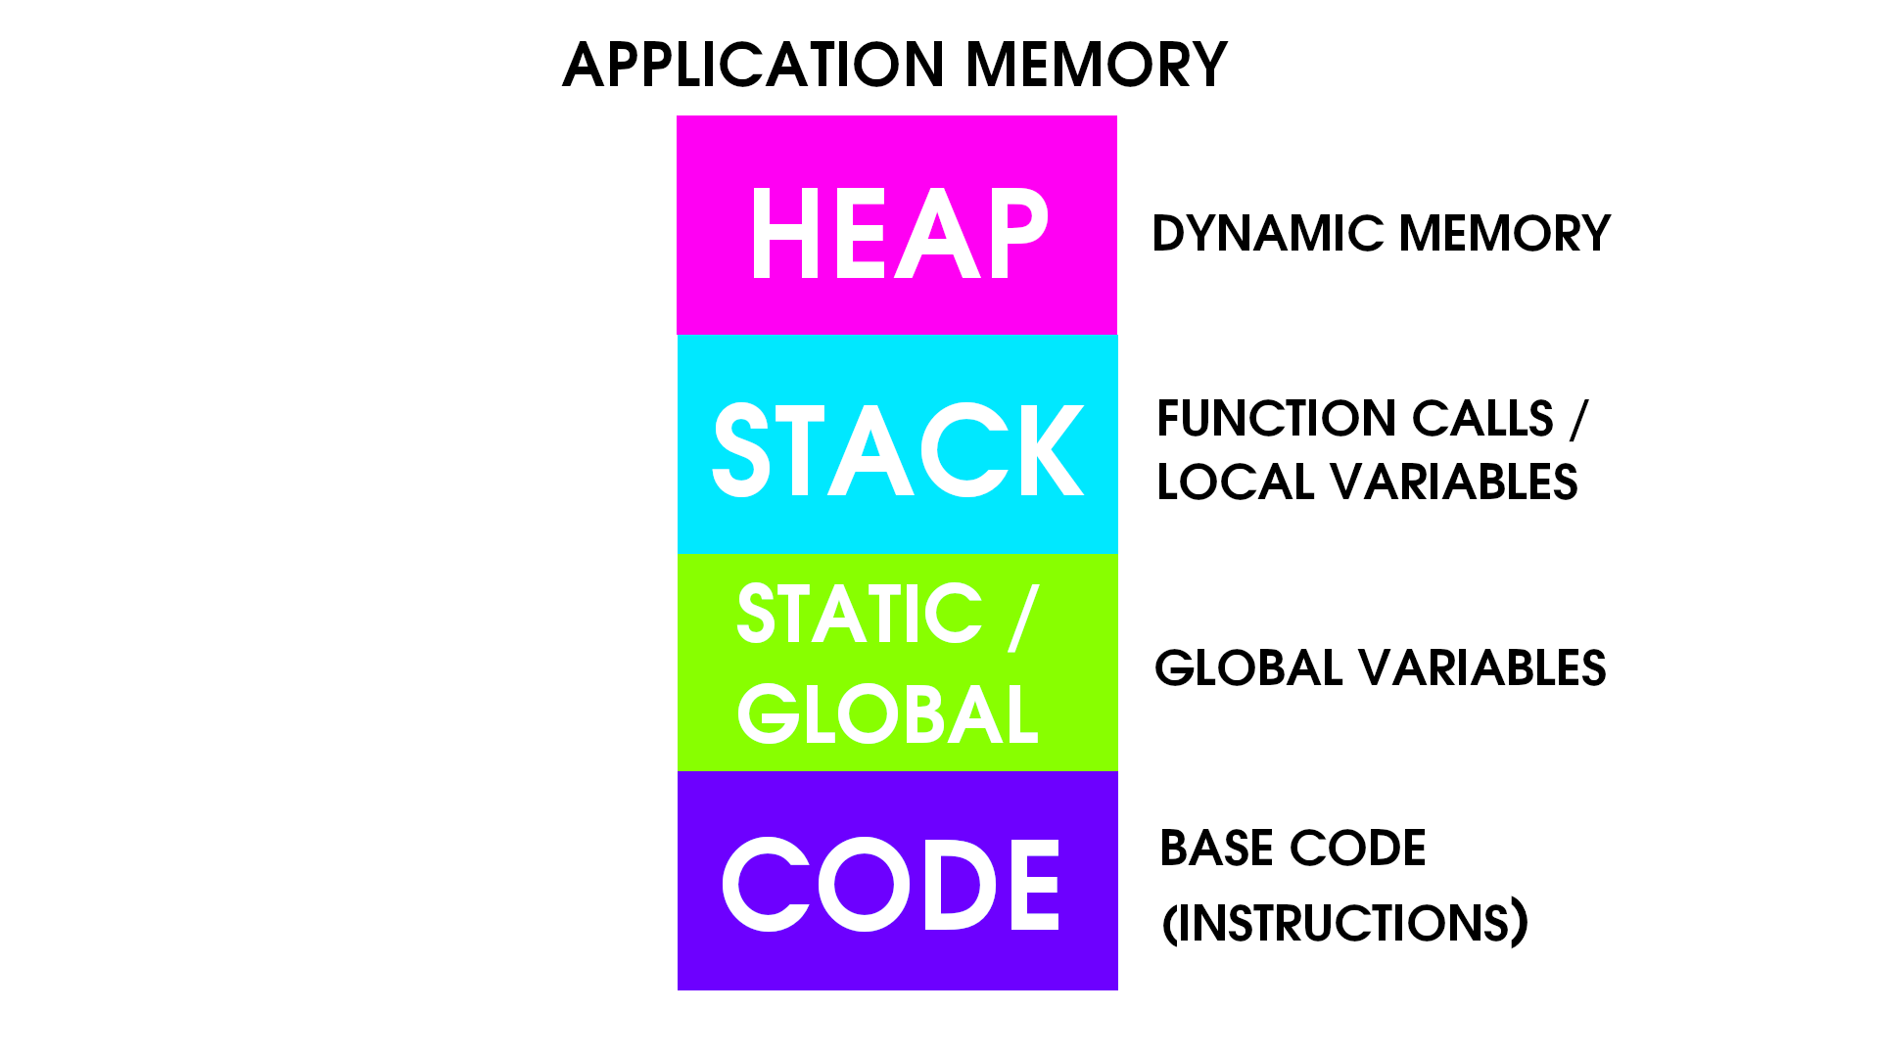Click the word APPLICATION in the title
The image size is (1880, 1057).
(x=754, y=66)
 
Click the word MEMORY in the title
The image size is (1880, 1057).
(x=1096, y=66)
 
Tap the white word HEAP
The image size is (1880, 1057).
(x=898, y=234)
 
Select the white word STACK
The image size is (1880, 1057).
(x=898, y=450)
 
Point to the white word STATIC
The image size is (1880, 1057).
(x=860, y=615)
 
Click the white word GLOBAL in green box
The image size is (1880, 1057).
(x=887, y=713)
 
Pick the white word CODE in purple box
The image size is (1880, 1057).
(x=892, y=884)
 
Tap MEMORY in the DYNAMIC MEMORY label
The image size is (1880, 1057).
(x=1504, y=234)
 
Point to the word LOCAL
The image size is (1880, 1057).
(x=1235, y=483)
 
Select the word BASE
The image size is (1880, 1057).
(x=1216, y=848)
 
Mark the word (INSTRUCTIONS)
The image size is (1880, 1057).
(x=1344, y=922)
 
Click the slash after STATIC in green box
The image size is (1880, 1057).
(x=1022, y=617)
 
